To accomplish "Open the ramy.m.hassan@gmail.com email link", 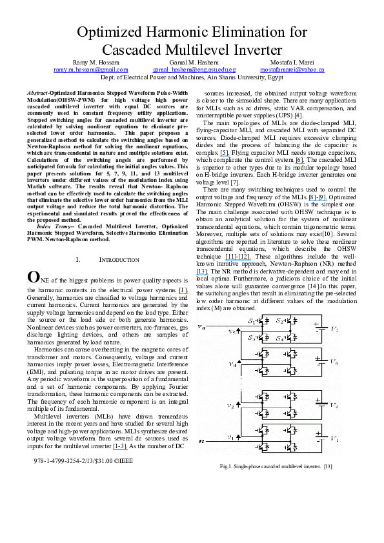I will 90,68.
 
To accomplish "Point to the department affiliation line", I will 192,75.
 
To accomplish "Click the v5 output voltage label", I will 231,331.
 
